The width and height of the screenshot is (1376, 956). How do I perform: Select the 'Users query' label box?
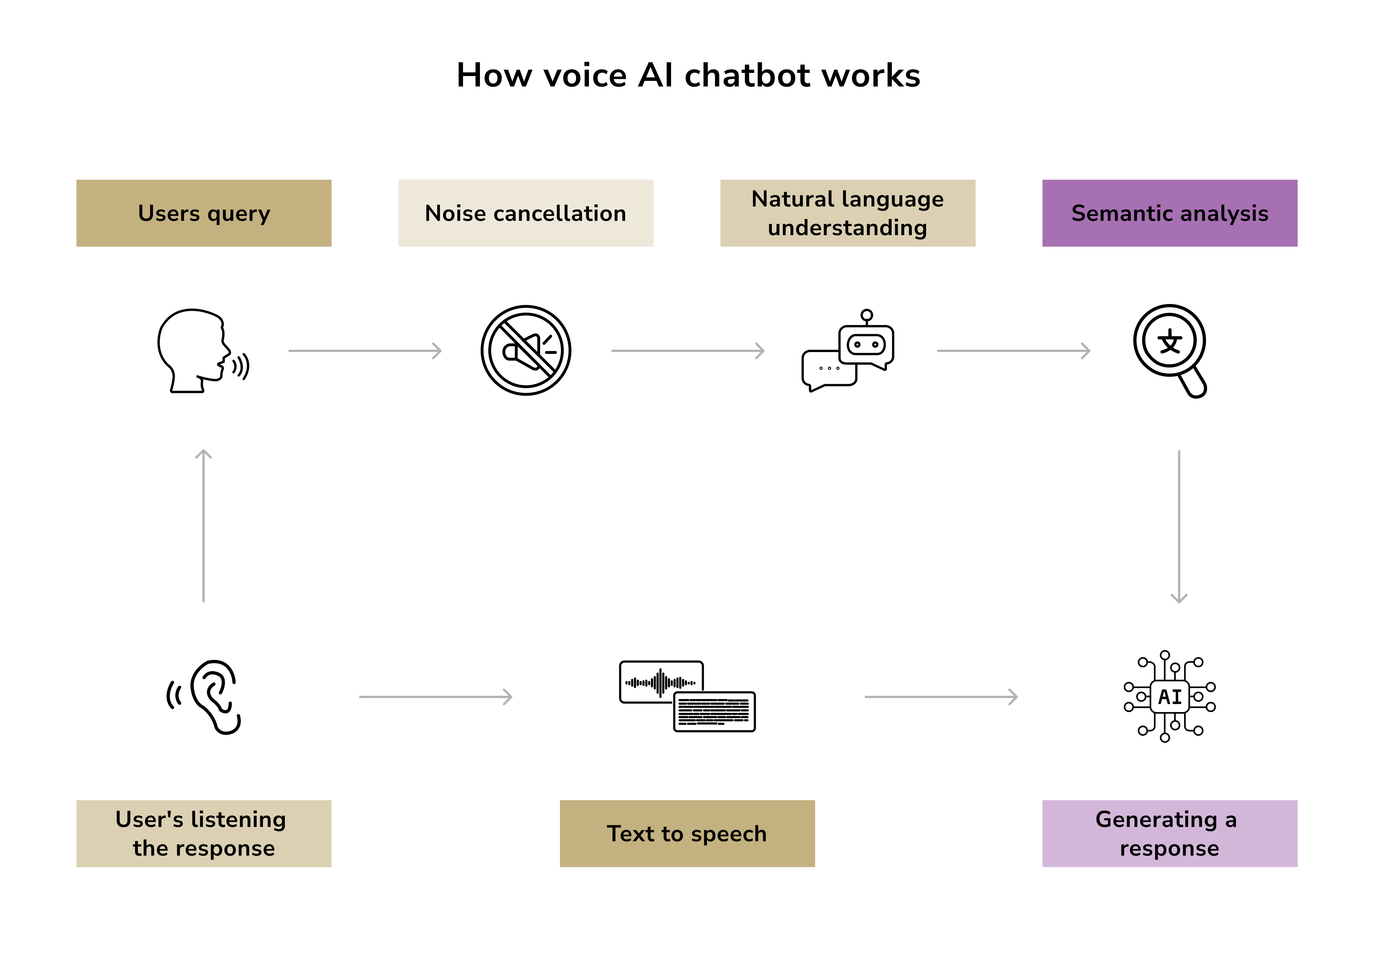[x=204, y=213]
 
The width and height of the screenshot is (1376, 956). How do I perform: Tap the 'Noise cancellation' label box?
[x=525, y=213]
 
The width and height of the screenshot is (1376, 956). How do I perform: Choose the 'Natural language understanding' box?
[x=847, y=213]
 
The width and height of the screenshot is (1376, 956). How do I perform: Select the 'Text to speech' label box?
[x=687, y=833]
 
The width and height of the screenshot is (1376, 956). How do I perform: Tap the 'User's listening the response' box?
[x=204, y=833]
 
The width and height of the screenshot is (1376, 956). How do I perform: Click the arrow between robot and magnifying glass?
[x=1013, y=350]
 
